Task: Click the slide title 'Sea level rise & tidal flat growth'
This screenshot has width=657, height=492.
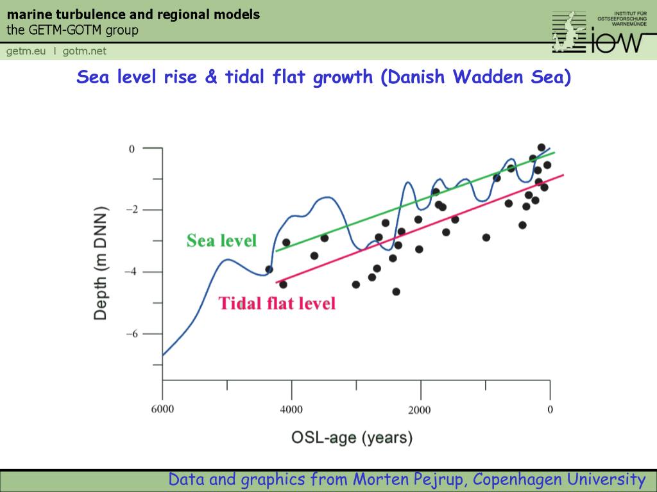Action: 323,78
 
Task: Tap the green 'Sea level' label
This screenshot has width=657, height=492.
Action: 221,241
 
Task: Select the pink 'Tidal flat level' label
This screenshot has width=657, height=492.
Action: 277,303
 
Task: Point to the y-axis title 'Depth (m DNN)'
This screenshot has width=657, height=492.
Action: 101,263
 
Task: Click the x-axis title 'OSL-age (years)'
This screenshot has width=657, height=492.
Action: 352,438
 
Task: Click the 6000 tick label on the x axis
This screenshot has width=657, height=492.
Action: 162,409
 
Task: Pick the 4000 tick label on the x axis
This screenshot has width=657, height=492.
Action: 291,409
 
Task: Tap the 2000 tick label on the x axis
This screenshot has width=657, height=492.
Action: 420,409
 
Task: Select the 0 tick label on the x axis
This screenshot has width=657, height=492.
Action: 550,409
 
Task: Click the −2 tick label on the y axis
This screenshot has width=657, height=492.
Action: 130,210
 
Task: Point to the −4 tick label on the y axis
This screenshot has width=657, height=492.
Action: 130,272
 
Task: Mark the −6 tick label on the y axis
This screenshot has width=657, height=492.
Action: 130,334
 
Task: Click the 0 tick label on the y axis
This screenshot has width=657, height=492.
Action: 132,149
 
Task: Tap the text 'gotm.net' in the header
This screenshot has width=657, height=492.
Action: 85,51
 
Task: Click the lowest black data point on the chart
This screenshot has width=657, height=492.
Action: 396,291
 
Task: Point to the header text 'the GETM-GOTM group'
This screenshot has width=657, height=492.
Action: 73,30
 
